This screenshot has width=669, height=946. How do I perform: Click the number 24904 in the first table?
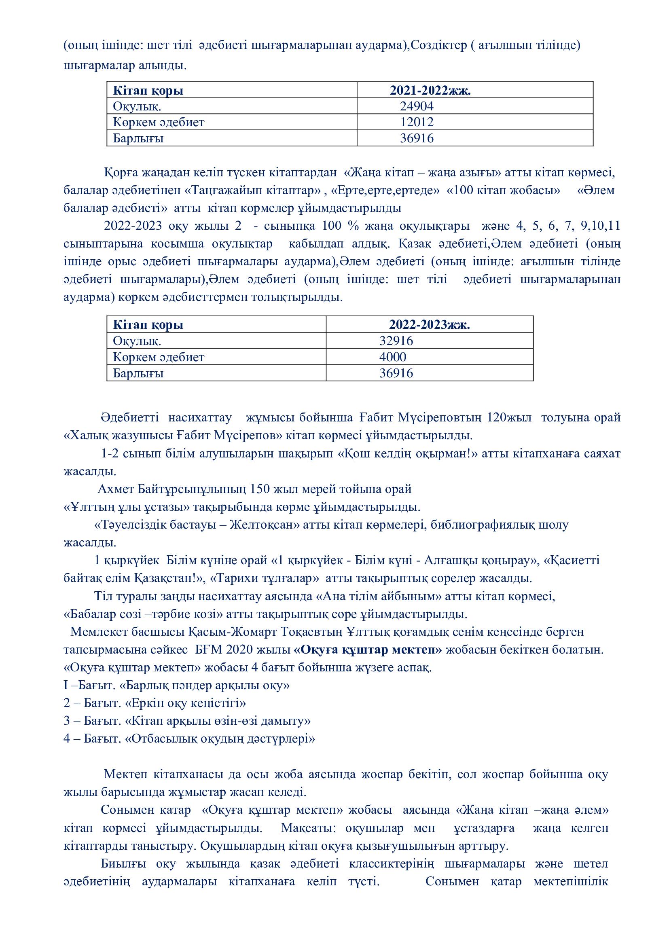(417, 106)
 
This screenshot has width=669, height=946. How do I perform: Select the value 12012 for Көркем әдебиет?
(417, 123)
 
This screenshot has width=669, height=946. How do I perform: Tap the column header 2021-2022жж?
(430, 91)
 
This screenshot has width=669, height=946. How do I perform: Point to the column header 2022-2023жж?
(429, 325)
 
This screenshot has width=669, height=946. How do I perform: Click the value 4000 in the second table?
(393, 357)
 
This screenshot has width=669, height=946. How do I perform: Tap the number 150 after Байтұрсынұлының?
(260, 489)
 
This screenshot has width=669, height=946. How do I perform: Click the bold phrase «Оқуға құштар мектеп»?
(368, 650)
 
